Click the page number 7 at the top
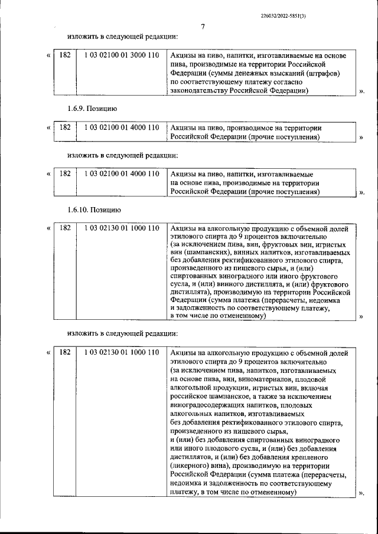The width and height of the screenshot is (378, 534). [x=202, y=27]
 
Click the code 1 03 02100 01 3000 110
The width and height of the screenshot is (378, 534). [x=122, y=55]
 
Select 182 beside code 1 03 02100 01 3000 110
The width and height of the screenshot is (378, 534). [x=65, y=55]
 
